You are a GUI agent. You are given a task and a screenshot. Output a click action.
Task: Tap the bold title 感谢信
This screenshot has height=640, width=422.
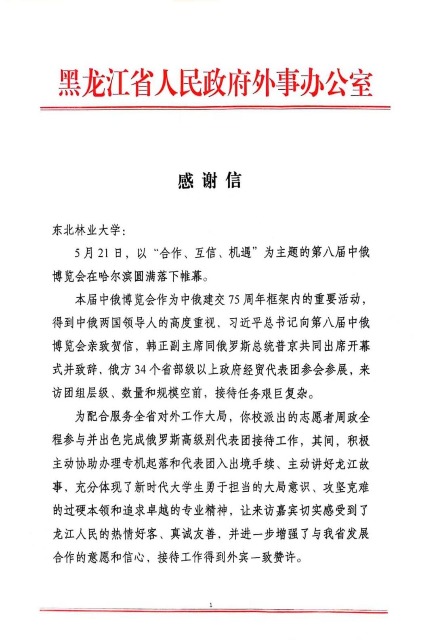(x=209, y=180)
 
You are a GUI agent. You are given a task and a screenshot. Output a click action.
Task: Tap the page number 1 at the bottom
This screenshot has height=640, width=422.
(x=211, y=605)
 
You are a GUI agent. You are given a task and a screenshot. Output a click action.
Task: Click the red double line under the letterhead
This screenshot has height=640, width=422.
(x=215, y=108)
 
